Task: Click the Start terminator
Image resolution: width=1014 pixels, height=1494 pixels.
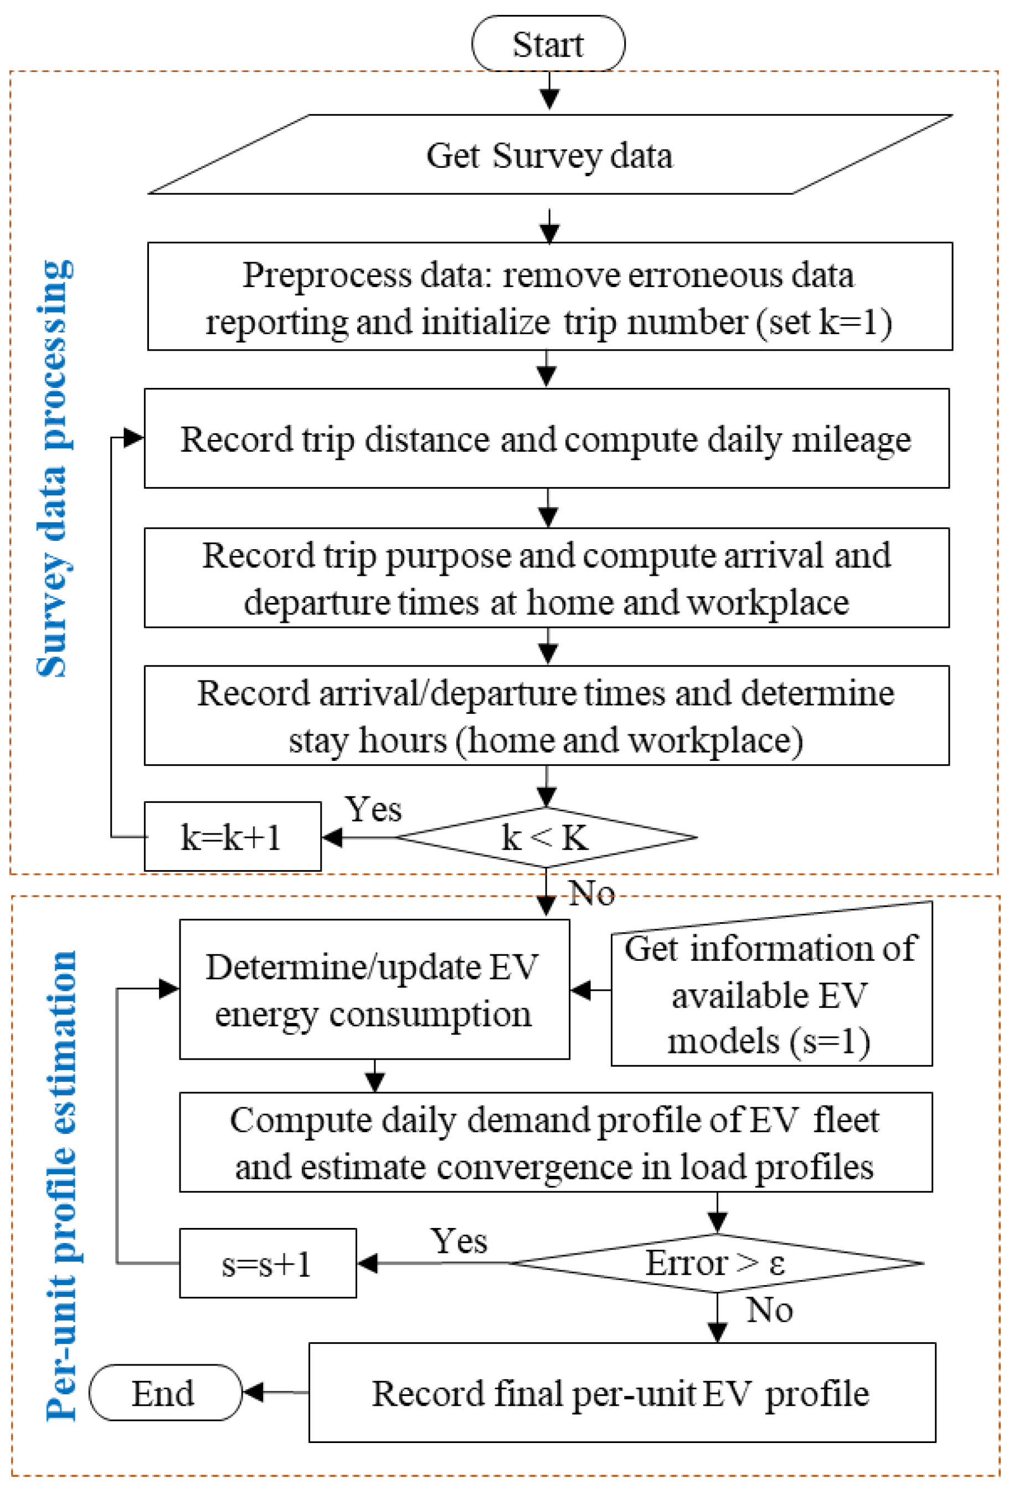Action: pos(548,44)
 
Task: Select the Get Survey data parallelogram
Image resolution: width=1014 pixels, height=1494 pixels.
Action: pos(549,155)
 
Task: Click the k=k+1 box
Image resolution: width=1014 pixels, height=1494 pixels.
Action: pos(232,837)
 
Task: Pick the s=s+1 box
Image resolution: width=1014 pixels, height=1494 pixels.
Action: pos(267,1264)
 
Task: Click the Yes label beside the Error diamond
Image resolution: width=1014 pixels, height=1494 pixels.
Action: pos(458,1241)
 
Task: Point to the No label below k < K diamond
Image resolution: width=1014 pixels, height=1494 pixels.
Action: pos(591,893)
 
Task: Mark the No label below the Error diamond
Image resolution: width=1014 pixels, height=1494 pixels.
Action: pos(769,1309)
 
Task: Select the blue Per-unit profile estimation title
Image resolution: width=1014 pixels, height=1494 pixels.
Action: pos(61,1186)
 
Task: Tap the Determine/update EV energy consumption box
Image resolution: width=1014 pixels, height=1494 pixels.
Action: pos(373,990)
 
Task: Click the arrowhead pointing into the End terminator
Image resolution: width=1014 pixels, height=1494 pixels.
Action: pos(253,1393)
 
